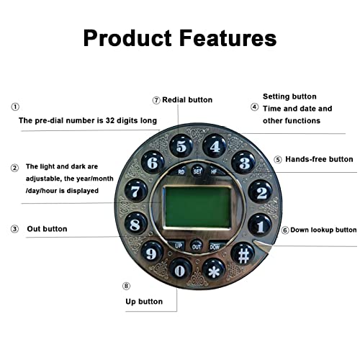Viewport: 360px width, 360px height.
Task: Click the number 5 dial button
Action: [181, 146]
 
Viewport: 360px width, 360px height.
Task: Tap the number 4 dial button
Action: [215, 145]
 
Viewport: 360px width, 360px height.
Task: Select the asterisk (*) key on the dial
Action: [214, 270]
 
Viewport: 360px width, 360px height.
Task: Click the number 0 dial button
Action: [181, 270]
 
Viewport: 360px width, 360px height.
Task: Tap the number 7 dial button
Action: [136, 191]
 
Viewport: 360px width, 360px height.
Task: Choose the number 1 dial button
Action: [260, 225]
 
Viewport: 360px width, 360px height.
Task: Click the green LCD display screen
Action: [198, 207]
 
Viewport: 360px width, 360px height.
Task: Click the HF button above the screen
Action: [215, 171]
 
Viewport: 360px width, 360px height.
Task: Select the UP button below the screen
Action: [177, 246]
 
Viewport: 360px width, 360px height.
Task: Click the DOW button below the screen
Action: [216, 246]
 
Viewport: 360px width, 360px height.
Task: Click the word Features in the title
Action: [228, 38]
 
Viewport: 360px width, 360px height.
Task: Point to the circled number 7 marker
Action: [156, 100]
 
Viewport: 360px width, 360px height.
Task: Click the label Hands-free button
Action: [319, 159]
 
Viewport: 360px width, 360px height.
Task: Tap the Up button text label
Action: [144, 302]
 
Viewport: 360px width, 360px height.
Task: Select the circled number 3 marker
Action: [14, 229]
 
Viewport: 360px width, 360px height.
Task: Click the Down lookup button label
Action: [323, 230]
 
